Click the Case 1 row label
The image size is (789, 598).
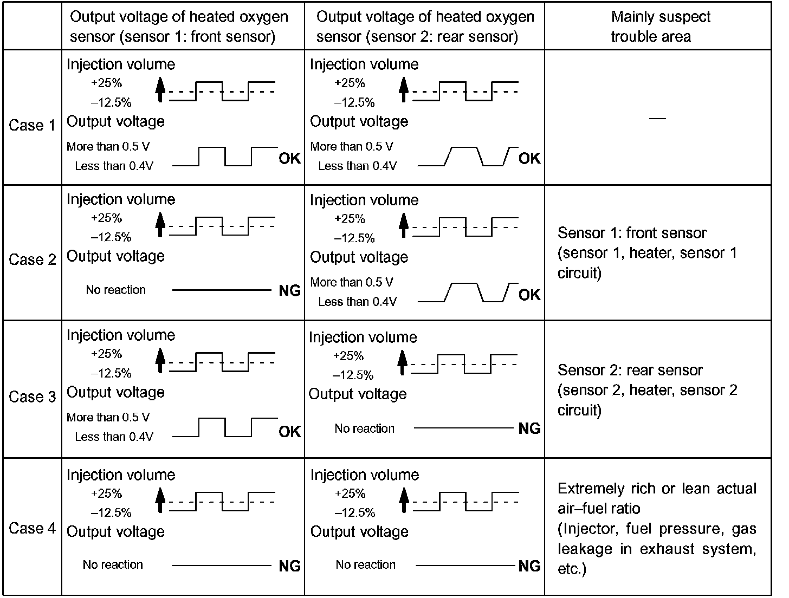coord(32,125)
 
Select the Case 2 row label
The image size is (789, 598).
coord(32,259)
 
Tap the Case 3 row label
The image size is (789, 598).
coord(32,396)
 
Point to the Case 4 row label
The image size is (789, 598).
coord(32,528)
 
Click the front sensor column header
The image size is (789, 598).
coord(179,27)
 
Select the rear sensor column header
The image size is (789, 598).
coord(425,27)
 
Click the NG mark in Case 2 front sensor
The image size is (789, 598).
coord(289,291)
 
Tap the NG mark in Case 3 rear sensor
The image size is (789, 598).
coord(529,429)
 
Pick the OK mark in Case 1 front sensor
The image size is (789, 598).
coord(289,158)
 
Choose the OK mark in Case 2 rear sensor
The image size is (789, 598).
coord(529,295)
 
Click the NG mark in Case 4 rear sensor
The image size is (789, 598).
coord(529,567)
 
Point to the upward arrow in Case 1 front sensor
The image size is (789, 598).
coord(159,90)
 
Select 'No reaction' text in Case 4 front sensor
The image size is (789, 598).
coord(113,564)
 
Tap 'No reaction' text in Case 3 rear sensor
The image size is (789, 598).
coord(364,428)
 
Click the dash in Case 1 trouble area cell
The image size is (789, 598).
coord(657,118)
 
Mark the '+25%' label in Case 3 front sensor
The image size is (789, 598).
coord(106,354)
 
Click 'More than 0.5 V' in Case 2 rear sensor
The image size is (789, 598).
coord(352,282)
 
